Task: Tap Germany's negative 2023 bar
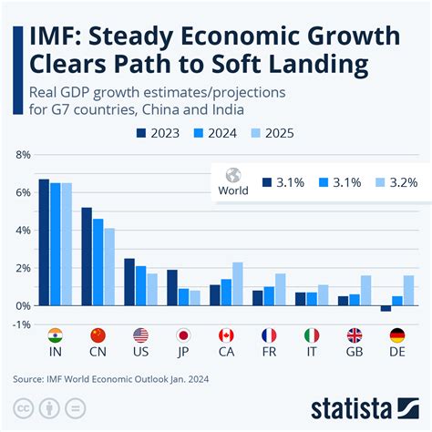386,308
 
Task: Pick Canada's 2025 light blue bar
237,283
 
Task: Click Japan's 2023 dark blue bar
172,287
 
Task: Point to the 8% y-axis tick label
19,156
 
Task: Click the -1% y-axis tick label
19,324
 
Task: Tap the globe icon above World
233,174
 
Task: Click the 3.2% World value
401,182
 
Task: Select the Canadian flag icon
226,334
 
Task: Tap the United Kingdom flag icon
354,334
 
